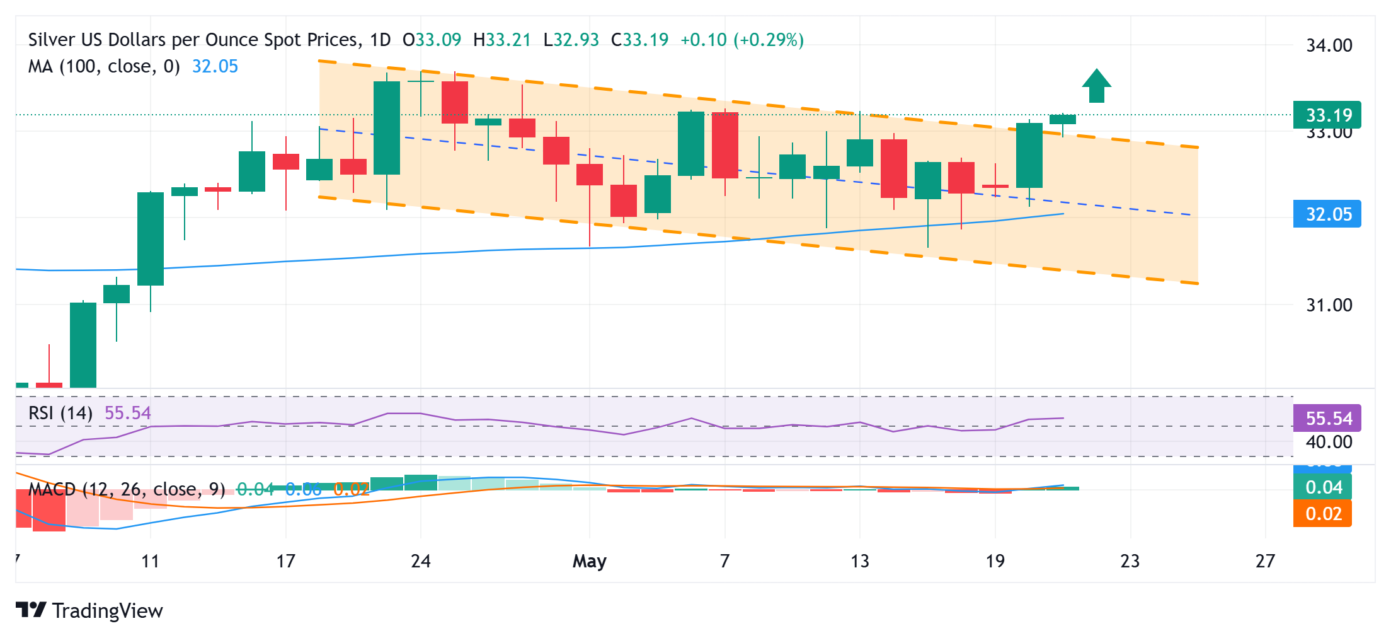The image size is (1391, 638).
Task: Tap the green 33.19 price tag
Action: tap(1327, 115)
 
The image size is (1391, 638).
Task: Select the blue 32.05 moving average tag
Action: tap(1327, 214)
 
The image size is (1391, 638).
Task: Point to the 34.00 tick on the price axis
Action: tap(1329, 45)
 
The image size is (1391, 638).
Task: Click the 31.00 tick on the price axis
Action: tap(1329, 305)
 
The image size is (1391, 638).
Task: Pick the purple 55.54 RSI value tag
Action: tap(1327, 418)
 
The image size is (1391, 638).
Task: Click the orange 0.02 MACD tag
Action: tap(1322, 514)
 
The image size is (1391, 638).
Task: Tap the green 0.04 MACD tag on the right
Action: tap(1322, 487)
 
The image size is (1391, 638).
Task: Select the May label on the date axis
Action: tap(589, 560)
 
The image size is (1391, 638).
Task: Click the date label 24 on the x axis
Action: tap(420, 560)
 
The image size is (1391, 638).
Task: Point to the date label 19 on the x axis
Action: tap(995, 560)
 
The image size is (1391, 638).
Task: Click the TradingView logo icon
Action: tap(31, 610)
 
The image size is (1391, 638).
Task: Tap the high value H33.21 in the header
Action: tap(502, 40)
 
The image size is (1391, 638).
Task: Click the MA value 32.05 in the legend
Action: tap(215, 66)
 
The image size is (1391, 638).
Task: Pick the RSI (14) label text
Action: tap(60, 413)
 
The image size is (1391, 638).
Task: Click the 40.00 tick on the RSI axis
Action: tap(1329, 442)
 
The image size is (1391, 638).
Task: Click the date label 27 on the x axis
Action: tap(1264, 560)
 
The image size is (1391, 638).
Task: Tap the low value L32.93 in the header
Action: tap(571, 40)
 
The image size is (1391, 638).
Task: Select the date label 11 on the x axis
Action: tap(151, 560)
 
